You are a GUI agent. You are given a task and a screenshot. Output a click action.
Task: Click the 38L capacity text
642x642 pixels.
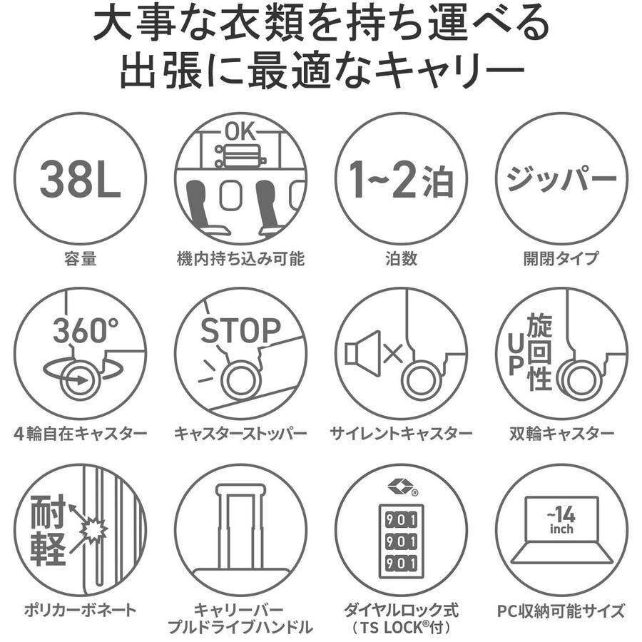pos(80,179)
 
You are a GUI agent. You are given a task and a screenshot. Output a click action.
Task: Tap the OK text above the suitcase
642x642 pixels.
pos(241,132)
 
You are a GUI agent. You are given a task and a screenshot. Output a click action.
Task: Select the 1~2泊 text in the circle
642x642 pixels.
pos(401,179)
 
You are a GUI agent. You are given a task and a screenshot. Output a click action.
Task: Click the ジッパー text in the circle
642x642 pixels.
pos(561,178)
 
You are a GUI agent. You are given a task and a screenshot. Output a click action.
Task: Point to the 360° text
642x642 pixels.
pos(85,330)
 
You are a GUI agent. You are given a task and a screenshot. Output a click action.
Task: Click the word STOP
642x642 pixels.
pos(241,330)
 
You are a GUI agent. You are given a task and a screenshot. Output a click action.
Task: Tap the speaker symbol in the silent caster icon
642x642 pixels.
pos(363,353)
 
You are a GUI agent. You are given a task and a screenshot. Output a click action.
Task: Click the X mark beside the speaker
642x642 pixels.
pos(393,353)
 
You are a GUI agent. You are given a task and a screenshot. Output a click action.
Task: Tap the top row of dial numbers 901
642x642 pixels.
pos(401,519)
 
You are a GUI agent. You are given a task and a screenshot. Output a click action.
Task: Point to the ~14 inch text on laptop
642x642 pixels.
pos(561,521)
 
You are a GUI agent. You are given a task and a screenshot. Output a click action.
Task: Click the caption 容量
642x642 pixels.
pos(80,259)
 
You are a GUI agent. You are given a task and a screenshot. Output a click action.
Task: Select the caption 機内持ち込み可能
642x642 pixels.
pos(241,259)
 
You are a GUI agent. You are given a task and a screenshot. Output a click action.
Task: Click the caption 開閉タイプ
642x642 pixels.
pos(561,259)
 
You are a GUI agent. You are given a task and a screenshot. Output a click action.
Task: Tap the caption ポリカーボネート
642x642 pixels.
pos(80,610)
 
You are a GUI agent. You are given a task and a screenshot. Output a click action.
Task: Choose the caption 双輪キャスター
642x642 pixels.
pos(561,433)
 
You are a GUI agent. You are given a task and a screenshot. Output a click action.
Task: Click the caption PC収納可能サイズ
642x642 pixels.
pos(561,611)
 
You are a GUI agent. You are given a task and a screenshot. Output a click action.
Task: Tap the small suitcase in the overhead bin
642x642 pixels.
pos(241,156)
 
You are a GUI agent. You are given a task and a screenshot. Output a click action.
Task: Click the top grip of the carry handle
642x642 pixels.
pos(241,489)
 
